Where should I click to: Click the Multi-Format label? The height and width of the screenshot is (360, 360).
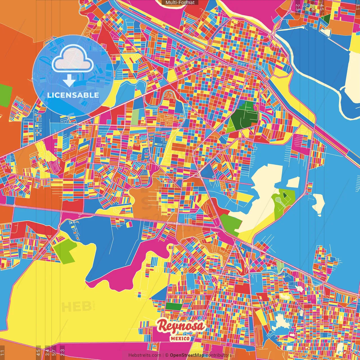pos(180,3)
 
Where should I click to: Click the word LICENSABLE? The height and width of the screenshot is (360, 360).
pos(73,95)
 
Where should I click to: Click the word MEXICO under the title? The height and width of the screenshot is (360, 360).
pos(180,338)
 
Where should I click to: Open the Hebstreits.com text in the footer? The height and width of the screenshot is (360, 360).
pos(145,355)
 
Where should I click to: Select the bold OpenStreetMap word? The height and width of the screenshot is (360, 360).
pos(187,355)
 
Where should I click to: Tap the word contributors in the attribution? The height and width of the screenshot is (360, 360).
pos(218,355)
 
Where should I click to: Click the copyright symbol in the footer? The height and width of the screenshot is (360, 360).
pos(166,355)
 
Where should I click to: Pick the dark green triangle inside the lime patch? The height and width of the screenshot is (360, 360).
pos(285,195)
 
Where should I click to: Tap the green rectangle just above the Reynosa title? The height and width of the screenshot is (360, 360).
pos(174,306)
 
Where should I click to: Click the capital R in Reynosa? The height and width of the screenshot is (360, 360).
pos(163,326)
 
